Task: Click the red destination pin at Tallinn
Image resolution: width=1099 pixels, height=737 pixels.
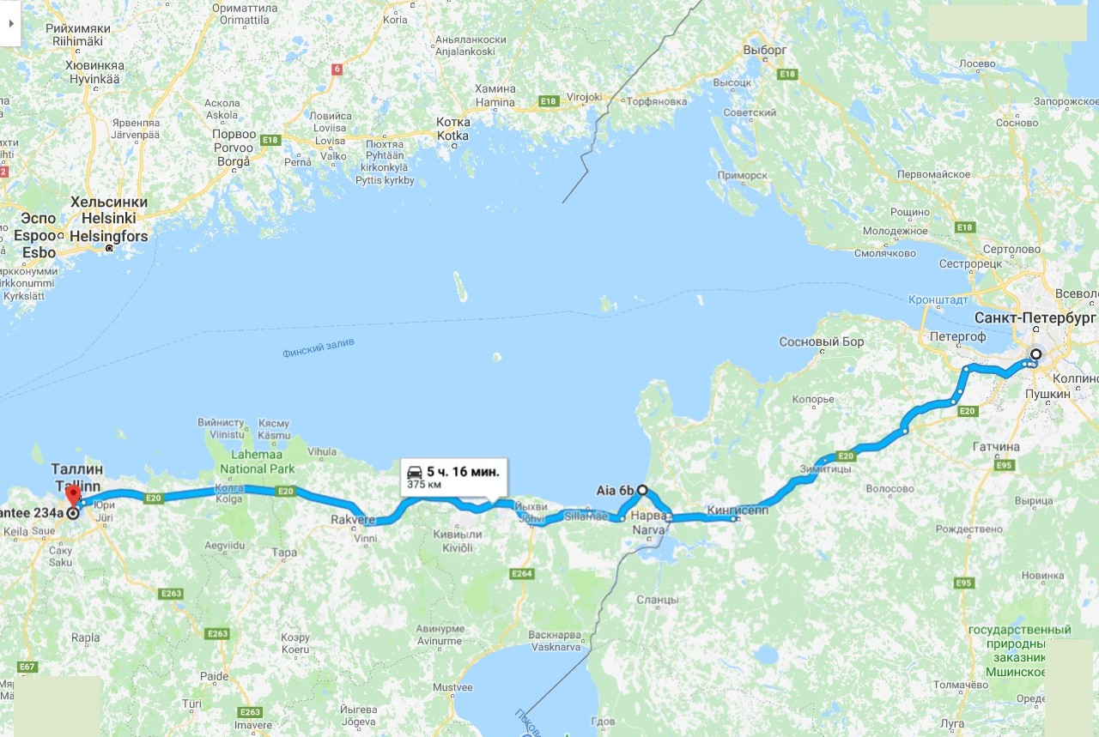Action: click(x=73, y=495)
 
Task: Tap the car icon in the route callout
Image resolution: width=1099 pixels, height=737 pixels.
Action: click(x=414, y=471)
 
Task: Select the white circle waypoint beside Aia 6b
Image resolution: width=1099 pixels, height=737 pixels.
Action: click(x=642, y=490)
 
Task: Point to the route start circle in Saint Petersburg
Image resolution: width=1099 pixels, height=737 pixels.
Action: click(x=1036, y=354)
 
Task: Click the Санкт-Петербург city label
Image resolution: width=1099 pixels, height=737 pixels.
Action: click(x=1035, y=317)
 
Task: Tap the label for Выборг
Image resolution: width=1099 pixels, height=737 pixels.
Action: click(x=764, y=50)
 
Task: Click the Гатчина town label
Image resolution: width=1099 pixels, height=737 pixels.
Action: click(x=996, y=447)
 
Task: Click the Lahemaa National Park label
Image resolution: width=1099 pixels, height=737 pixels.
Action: click(x=257, y=462)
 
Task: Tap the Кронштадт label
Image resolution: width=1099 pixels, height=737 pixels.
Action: click(x=938, y=300)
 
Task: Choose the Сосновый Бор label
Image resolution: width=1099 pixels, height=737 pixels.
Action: click(x=822, y=341)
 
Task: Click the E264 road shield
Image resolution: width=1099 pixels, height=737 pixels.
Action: click(x=521, y=573)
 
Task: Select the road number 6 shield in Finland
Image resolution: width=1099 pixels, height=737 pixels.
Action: click(x=337, y=69)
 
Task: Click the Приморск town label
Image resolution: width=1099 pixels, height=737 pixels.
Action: click(x=745, y=175)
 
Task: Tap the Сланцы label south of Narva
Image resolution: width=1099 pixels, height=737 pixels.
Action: click(x=659, y=600)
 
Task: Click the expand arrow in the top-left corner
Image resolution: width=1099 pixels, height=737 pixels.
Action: click(x=10, y=22)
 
